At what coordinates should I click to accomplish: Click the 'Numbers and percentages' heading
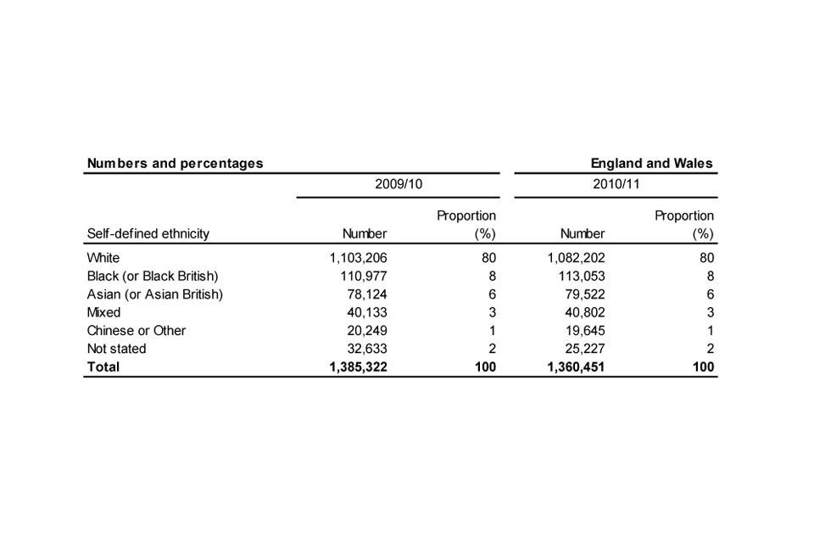click(x=175, y=163)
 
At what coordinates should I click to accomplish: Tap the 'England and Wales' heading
click(x=651, y=163)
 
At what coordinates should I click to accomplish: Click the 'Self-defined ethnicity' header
click(x=148, y=233)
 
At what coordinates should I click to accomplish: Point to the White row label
click(x=103, y=258)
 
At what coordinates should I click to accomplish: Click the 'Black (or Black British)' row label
click(x=153, y=277)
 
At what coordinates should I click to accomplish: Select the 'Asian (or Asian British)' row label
click(x=154, y=294)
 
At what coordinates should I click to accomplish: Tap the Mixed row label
click(x=104, y=312)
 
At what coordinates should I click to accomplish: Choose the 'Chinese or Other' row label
click(x=136, y=331)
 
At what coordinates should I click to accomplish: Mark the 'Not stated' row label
click(x=116, y=349)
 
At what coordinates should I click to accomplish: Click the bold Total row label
click(x=103, y=367)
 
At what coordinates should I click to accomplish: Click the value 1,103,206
click(x=358, y=258)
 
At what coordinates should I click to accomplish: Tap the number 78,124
click(x=365, y=294)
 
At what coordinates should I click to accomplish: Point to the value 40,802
click(x=584, y=312)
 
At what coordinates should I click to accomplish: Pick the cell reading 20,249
click(x=365, y=331)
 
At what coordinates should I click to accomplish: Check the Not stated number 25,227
click(x=584, y=349)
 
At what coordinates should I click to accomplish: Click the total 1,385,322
click(x=358, y=367)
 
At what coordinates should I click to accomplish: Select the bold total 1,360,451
click(x=576, y=367)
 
